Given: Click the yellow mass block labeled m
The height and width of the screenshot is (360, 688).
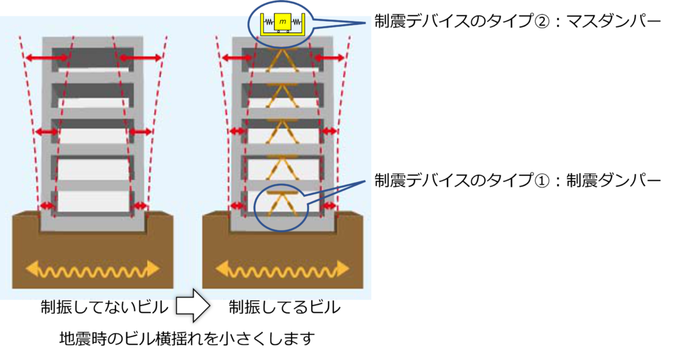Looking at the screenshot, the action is pos(283,21).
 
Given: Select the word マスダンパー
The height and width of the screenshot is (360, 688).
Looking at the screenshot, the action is pos(613,21).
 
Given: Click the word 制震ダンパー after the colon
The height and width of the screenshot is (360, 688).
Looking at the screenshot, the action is pos(613,180).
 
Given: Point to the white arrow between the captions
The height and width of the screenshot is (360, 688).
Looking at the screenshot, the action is pos(193,306).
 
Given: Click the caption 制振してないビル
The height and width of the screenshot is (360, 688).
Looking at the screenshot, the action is pos(104,307).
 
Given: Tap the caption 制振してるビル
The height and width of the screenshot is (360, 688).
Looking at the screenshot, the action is pos(284,307).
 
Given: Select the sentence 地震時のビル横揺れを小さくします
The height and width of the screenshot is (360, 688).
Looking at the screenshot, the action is pos(187,338).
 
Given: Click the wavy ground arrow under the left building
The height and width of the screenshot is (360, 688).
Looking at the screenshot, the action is pos(93,269).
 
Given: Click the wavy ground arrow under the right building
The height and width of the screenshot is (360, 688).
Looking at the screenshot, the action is pos(282,269).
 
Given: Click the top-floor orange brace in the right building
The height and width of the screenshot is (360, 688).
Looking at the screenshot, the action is pos(283,60).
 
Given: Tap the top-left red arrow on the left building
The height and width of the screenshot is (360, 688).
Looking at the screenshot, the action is pos(46,58).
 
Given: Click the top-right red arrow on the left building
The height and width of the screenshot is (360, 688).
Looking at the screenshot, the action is pos(141,58).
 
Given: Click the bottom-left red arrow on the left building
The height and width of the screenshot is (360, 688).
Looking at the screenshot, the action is pos(47,206).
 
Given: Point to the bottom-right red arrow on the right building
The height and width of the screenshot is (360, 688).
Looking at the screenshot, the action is pos(329,206).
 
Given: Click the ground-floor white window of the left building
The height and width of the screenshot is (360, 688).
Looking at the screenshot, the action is pos(93,201).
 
